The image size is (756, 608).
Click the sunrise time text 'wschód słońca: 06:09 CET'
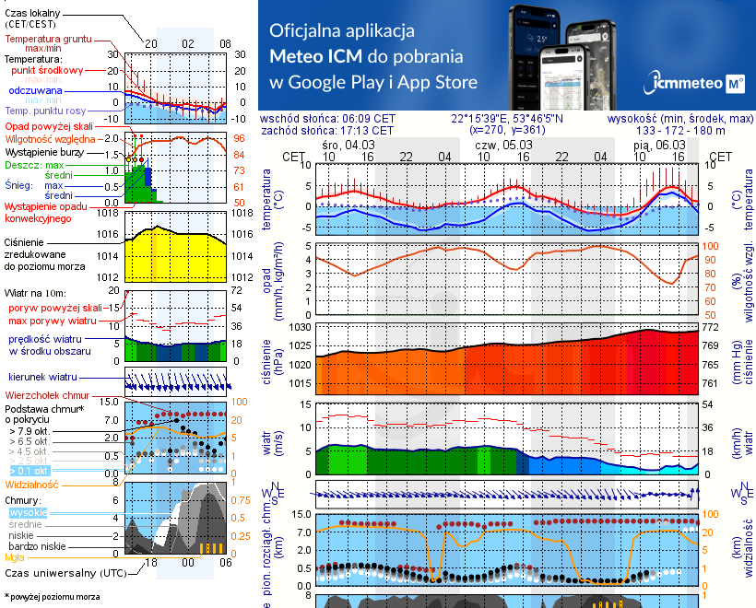[341, 119]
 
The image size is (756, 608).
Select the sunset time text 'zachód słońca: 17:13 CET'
[340, 130]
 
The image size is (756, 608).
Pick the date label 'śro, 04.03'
[348, 145]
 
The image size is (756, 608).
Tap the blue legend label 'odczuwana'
[35, 91]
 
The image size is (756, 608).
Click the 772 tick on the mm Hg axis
[712, 327]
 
